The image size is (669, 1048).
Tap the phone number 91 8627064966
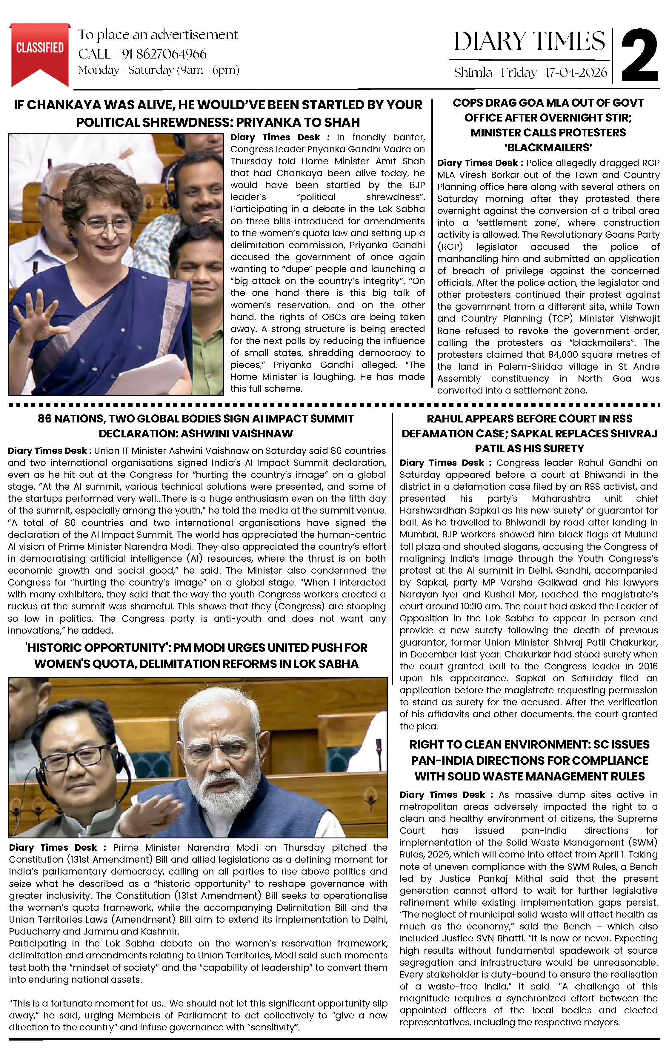click(164, 54)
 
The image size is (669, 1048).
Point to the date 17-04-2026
click(576, 73)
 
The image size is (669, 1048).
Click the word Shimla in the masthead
click(473, 73)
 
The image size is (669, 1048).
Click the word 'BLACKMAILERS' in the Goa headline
click(548, 147)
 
